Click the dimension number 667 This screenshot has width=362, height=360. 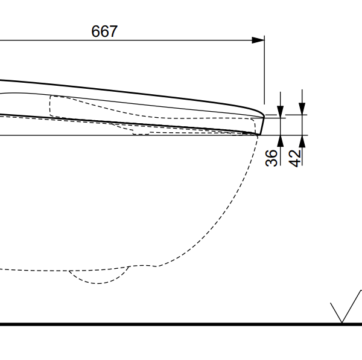pyautogui.click(x=104, y=31)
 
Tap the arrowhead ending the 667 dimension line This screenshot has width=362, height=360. pyautogui.click(x=258, y=40)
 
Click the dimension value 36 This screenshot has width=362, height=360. pyautogui.click(x=271, y=158)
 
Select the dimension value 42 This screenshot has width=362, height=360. pyautogui.click(x=295, y=158)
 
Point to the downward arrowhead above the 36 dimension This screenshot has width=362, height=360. pyautogui.click(x=281, y=112)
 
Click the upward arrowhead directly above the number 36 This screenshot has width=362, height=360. pyautogui.click(x=281, y=141)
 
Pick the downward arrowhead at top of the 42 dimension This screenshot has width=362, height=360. pyautogui.click(x=302, y=109)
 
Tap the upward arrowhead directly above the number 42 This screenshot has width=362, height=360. pyautogui.click(x=302, y=141)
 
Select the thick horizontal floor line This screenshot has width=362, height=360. pyautogui.click(x=181, y=324)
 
